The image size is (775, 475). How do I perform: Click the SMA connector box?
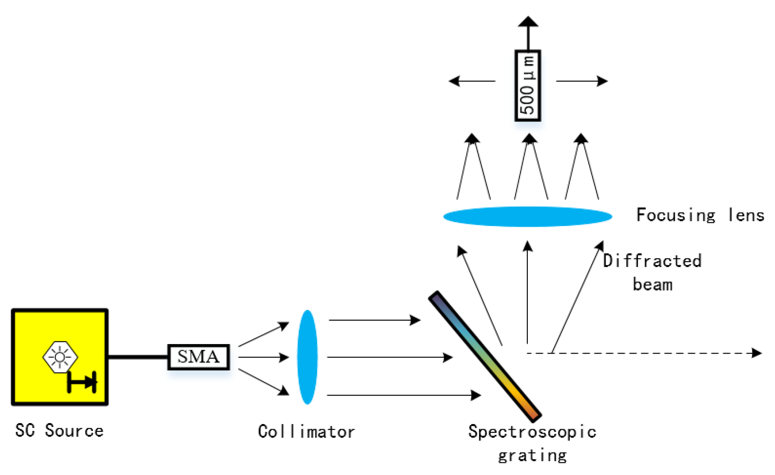point(198,357)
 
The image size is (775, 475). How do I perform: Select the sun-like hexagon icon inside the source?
point(60,357)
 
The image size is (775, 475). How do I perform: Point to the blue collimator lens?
point(307,357)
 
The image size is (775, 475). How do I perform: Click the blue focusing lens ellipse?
point(527,216)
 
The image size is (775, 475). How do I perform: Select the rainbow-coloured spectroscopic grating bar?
point(485,356)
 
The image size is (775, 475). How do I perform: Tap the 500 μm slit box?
point(528,86)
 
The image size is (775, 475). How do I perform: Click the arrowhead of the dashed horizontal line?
point(756,353)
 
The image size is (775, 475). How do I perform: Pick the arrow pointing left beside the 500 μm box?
point(471,81)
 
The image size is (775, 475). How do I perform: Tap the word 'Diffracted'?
point(652,261)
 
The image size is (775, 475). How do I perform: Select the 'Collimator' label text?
point(306,431)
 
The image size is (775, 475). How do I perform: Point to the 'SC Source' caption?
point(60,430)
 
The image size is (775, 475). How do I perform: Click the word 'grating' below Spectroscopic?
point(533,456)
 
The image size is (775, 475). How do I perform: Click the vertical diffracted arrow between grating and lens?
point(527,294)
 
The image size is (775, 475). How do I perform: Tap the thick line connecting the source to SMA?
point(137,357)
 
